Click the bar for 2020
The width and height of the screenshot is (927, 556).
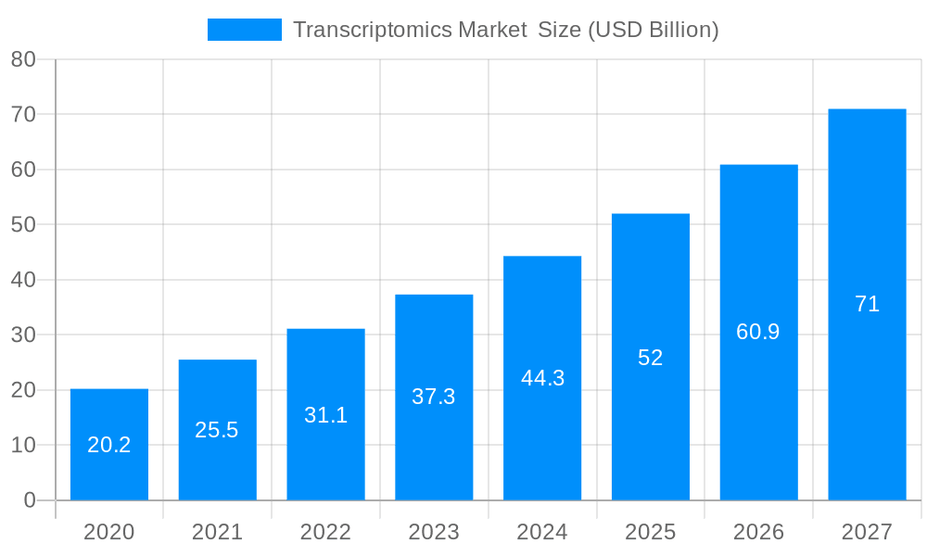click(x=109, y=445)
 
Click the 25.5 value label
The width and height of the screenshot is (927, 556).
click(x=217, y=430)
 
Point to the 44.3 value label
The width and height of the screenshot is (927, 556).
click(x=542, y=378)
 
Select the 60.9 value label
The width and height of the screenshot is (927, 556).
click(x=758, y=332)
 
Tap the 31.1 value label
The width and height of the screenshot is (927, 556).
click(x=325, y=415)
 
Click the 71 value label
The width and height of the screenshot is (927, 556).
click(x=867, y=304)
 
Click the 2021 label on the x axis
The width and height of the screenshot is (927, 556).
click(x=217, y=532)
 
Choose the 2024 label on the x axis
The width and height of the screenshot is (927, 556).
click(x=542, y=532)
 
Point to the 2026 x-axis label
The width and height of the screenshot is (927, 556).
click(x=758, y=532)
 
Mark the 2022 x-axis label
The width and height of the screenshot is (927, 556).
click(x=325, y=532)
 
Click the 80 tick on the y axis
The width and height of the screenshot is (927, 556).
click(x=23, y=59)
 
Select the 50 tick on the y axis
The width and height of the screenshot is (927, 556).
click(x=23, y=224)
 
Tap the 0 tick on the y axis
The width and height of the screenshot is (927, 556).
click(x=29, y=500)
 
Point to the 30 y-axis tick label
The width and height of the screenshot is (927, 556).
click(x=23, y=335)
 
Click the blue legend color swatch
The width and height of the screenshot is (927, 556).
click(x=244, y=30)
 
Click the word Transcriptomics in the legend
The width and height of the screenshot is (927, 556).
click(x=372, y=30)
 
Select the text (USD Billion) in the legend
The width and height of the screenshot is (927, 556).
click(x=653, y=30)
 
